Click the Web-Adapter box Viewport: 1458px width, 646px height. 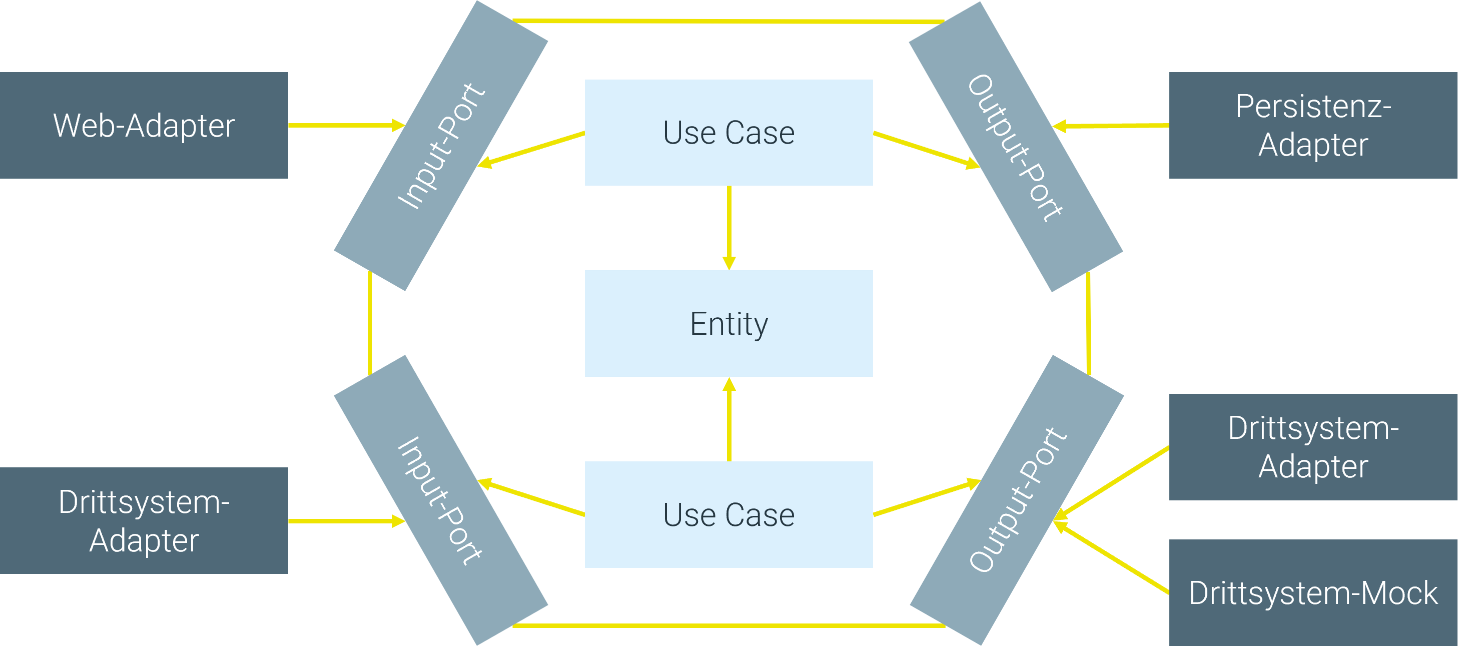[144, 125]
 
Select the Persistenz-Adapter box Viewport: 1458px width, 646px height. [1313, 125]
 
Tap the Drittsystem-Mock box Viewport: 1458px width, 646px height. [1313, 593]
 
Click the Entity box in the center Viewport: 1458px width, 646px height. [728, 323]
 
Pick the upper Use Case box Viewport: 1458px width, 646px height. [728, 133]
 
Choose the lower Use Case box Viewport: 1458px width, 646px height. [728, 515]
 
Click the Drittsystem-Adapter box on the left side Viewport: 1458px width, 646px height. [144, 520]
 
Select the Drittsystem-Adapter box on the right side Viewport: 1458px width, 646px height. [1313, 447]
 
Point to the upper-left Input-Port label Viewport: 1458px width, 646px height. [441, 146]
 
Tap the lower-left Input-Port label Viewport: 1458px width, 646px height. [441, 500]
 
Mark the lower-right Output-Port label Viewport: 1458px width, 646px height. [1017, 499]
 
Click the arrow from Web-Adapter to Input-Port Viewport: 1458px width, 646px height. [345, 125]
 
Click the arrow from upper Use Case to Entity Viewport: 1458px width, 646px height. [729, 227]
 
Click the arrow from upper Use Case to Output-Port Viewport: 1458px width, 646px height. [926, 150]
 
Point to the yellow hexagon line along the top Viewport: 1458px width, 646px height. [728, 22]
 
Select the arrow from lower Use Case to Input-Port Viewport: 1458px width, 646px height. [532, 499]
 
